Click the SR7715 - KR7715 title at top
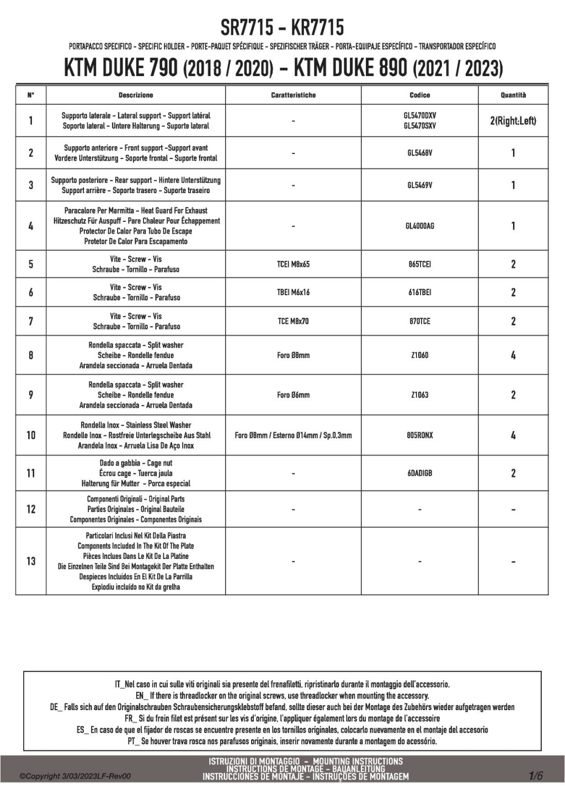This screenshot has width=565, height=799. pos(282,27)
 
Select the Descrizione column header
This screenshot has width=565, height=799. pos(136,95)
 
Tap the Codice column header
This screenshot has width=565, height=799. pos(419,95)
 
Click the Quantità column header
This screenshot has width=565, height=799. pos(513,95)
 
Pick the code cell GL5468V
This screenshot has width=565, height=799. pos(419,153)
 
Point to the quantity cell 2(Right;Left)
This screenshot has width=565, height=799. pos(513,120)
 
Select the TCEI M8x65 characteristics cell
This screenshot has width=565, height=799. pos(293,264)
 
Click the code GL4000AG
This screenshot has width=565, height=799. pos(419,226)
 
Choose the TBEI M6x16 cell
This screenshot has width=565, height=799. pos(293,292)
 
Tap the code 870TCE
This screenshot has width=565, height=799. pos(419,321)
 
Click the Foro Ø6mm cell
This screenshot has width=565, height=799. pos(293,395)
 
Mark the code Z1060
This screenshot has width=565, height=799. pos(419,355)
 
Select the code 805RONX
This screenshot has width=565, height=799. pos(419,435)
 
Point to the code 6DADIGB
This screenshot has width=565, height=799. pos(419,473)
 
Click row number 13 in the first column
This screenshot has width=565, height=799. pos(31,561)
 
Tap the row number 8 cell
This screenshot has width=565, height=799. pos(31,355)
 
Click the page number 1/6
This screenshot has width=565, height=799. pos(536,776)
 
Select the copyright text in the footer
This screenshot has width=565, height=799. pos(75,776)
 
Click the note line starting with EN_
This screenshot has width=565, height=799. pos(282,696)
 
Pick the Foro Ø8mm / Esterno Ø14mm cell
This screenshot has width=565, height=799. pos(293,435)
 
